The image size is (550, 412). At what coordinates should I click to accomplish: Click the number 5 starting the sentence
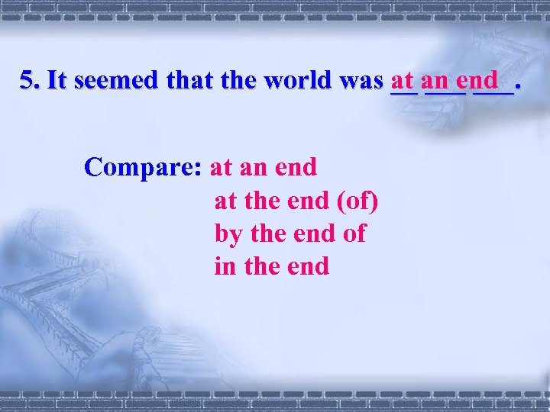27,80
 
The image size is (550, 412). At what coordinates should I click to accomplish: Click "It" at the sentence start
56,80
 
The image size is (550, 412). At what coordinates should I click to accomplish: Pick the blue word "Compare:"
143,166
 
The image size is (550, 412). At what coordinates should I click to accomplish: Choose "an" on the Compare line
261,166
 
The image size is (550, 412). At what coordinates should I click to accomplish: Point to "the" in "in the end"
259,266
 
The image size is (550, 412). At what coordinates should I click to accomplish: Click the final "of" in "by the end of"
354,233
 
